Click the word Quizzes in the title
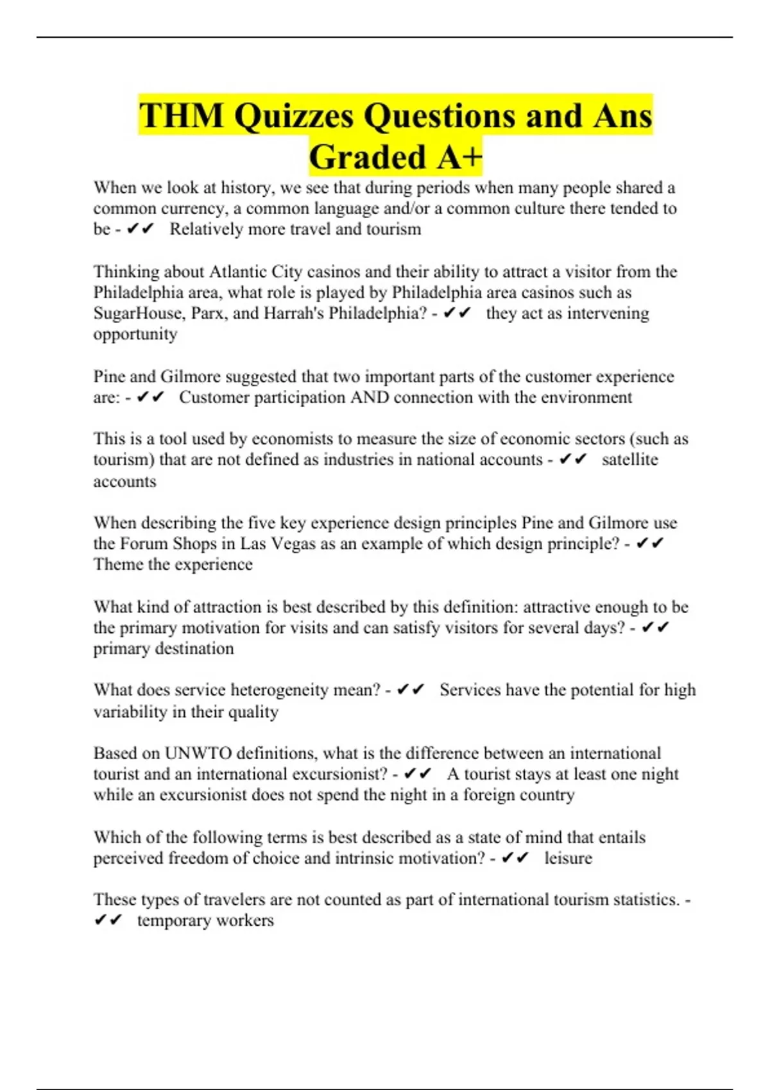tap(293, 116)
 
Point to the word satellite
tap(629, 460)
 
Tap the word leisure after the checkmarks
tap(568, 858)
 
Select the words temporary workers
tap(205, 921)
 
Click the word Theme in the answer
tap(118, 565)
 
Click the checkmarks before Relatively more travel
tap(141, 230)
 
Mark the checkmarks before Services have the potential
tap(411, 690)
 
